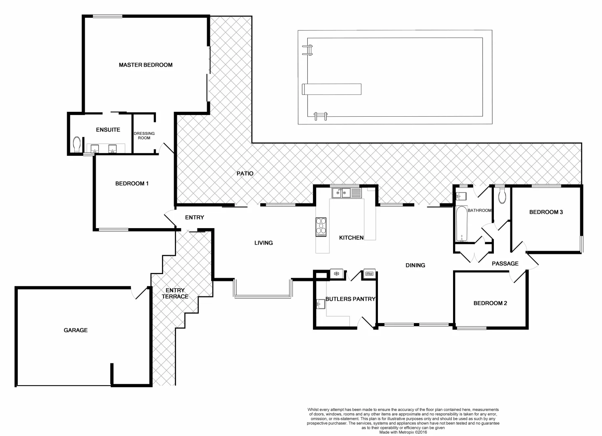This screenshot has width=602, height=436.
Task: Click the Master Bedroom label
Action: (145, 65)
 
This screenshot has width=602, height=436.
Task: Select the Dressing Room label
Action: (144, 136)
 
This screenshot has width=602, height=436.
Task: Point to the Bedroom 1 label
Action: (132, 184)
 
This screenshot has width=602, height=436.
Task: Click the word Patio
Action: (245, 174)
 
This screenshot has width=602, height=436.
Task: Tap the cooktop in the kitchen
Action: (321, 227)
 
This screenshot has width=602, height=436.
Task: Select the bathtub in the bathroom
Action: (461, 224)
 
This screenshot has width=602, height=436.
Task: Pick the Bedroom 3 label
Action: (546, 212)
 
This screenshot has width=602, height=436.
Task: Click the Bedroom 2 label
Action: (490, 303)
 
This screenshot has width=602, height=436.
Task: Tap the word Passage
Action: (505, 264)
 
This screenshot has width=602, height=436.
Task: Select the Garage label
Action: (76, 330)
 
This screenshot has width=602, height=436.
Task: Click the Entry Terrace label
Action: (175, 293)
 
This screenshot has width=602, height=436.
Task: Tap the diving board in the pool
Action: (332, 89)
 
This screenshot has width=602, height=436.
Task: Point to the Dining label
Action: (415, 265)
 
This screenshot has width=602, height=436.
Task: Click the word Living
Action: (263, 243)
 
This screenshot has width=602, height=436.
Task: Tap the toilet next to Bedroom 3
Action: (502, 196)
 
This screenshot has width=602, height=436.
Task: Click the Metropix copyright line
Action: (403, 432)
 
